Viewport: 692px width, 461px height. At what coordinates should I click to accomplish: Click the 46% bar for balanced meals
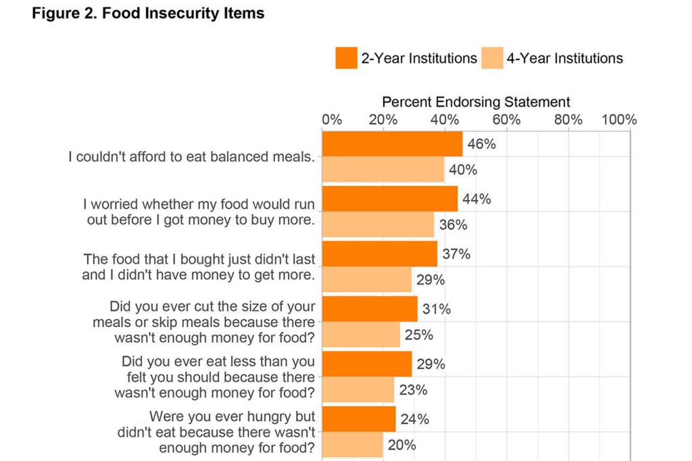click(x=392, y=144)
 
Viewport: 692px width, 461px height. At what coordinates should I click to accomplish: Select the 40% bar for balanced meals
click(x=383, y=170)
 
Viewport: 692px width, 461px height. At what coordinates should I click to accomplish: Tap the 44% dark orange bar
click(x=389, y=199)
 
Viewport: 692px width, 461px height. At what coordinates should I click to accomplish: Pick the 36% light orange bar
click(x=378, y=224)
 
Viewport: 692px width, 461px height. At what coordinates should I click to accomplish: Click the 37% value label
click(x=456, y=254)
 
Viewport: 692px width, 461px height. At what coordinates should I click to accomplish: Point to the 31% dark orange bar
click(x=370, y=309)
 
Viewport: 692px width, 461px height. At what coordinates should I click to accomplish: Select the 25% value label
click(x=418, y=335)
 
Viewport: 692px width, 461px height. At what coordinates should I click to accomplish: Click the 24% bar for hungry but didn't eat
click(x=359, y=419)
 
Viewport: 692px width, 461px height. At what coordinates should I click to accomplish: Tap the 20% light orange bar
click(x=353, y=445)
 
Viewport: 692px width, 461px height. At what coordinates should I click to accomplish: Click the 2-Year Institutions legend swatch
click(x=346, y=58)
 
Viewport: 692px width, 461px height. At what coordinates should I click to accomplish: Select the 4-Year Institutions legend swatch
click(x=492, y=58)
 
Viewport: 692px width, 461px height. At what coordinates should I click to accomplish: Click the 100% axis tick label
click(x=618, y=120)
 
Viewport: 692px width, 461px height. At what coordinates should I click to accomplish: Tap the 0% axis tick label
click(x=332, y=120)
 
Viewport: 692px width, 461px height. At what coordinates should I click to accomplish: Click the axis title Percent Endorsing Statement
click(x=476, y=102)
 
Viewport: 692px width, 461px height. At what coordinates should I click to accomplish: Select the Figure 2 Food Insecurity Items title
click(x=148, y=14)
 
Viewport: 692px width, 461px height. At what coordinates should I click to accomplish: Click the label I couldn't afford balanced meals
click(x=192, y=157)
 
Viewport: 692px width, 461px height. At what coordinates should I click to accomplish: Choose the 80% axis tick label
click(x=568, y=120)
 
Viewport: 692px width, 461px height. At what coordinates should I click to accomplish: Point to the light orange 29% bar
click(x=367, y=280)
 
